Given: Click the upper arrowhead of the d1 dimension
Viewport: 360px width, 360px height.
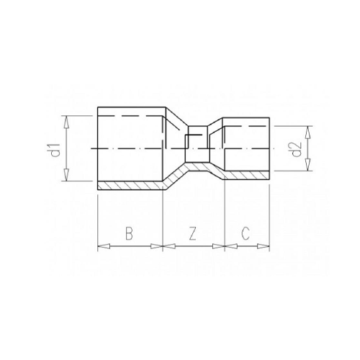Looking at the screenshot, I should (66, 118).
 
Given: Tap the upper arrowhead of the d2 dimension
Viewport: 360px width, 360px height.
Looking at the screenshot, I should (308, 129).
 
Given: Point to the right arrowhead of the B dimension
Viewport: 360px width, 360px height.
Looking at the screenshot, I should (159, 247).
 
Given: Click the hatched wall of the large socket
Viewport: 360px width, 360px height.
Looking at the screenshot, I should (130, 184).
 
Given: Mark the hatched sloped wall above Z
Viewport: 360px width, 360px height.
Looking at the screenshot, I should (175, 177).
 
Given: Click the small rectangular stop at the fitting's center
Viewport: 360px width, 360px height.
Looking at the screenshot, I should (197, 147).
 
